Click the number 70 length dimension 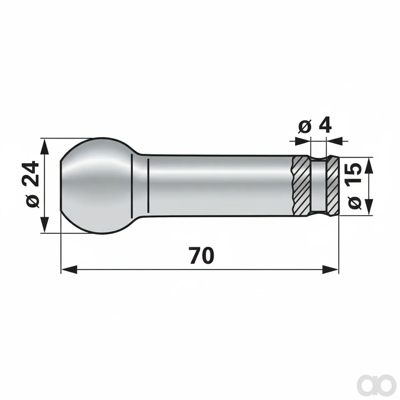point(202,256)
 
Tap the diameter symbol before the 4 point(305,127)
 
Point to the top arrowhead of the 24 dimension point(44,147)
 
